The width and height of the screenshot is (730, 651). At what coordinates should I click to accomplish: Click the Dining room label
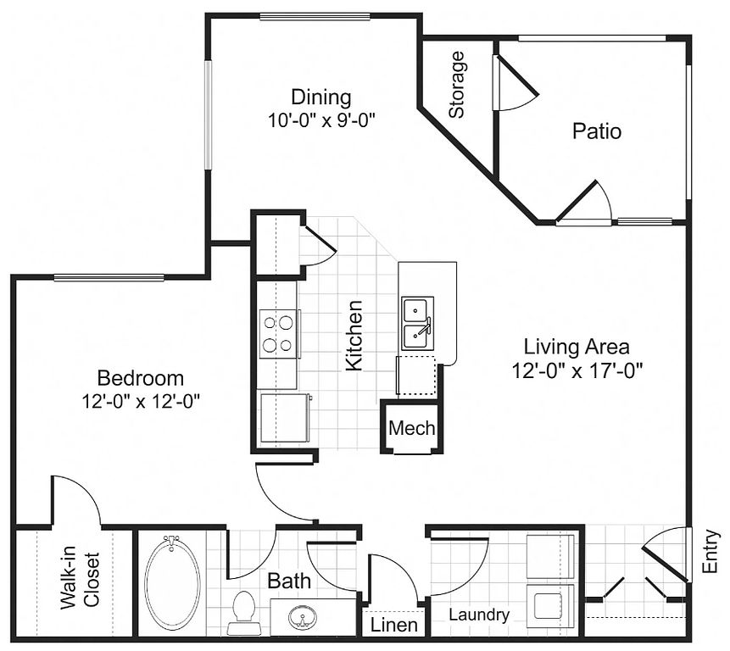pyautogui.click(x=320, y=97)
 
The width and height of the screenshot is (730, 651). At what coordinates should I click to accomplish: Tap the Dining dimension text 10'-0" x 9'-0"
pyautogui.click(x=321, y=121)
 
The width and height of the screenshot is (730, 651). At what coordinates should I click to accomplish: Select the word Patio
pyautogui.click(x=597, y=131)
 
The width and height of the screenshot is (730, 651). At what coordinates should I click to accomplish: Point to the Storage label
pyautogui.click(x=457, y=84)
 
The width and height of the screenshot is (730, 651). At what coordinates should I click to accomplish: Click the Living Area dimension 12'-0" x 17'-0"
pyautogui.click(x=577, y=371)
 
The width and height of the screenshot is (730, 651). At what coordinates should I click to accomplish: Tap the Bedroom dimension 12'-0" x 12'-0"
pyautogui.click(x=141, y=401)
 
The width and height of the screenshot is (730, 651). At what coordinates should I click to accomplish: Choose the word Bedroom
pyautogui.click(x=141, y=378)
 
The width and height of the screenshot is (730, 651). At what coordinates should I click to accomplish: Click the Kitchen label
pyautogui.click(x=354, y=336)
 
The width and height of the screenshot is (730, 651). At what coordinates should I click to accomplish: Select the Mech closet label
pyautogui.click(x=411, y=427)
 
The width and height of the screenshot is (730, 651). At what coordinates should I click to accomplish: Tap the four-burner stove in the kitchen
pyautogui.click(x=278, y=334)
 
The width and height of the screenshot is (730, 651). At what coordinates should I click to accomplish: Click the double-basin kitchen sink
pyautogui.click(x=418, y=324)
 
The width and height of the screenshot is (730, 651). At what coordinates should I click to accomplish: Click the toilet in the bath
pyautogui.click(x=243, y=612)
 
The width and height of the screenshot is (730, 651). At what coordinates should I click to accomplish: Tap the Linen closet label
pyautogui.click(x=394, y=625)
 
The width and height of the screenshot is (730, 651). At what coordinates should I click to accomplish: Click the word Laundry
pyautogui.click(x=478, y=615)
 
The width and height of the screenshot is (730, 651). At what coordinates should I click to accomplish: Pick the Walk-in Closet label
pyautogui.click(x=80, y=581)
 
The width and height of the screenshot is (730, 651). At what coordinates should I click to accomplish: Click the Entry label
pyautogui.click(x=710, y=552)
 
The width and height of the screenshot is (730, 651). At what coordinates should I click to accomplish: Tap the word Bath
pyautogui.click(x=289, y=581)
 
